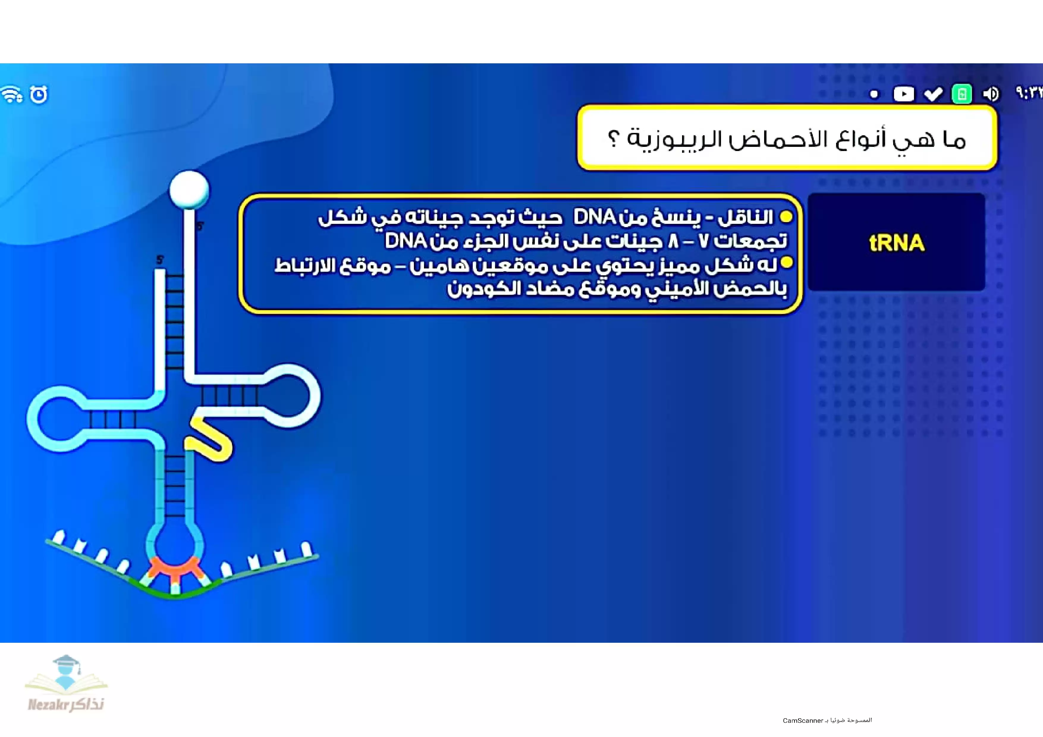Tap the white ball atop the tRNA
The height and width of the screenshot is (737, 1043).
click(189, 190)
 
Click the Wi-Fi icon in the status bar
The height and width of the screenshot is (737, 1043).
click(12, 94)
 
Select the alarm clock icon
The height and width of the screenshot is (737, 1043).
click(39, 94)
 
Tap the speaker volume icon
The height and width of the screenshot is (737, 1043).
click(991, 94)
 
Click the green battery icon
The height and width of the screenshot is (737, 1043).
click(962, 94)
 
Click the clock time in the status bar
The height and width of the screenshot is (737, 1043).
click(1029, 93)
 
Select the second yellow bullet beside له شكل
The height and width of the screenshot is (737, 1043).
click(786, 263)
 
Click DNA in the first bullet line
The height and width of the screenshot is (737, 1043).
click(594, 217)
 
